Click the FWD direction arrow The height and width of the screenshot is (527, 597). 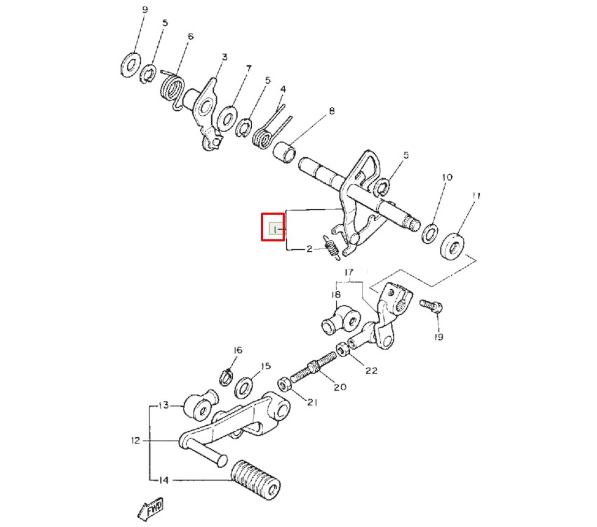tap(150, 509)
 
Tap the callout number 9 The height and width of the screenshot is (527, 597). tap(145, 10)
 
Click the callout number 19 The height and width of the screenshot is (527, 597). tap(438, 337)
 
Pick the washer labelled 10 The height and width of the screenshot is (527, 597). tap(429, 233)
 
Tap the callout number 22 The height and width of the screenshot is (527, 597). tap(371, 370)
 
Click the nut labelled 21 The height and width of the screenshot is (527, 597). tap(284, 385)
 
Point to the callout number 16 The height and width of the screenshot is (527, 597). tap(238, 350)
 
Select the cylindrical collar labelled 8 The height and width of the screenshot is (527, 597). tap(285, 152)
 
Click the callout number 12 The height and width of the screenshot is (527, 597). tap(135, 441)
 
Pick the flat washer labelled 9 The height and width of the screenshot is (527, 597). tap(130, 65)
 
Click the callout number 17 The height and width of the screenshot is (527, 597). tap(349, 272)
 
